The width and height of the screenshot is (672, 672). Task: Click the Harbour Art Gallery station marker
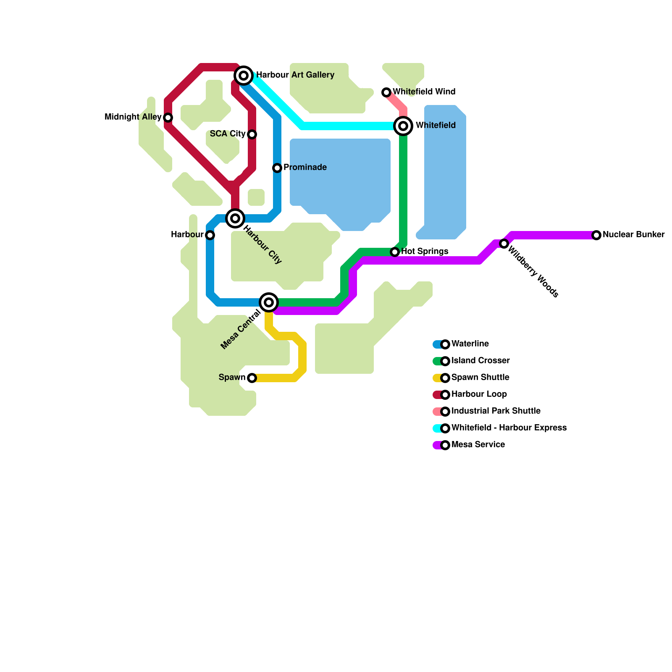(x=244, y=76)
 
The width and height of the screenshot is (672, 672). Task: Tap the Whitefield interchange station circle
(x=403, y=126)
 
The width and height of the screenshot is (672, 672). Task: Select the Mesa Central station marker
(x=269, y=302)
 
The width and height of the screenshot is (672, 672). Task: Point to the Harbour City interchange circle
(x=235, y=218)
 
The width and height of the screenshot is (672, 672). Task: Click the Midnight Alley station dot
(x=168, y=118)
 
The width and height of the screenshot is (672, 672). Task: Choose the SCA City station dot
(x=252, y=134)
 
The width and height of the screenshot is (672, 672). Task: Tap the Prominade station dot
(x=277, y=168)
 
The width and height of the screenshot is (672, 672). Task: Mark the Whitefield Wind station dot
(x=386, y=92)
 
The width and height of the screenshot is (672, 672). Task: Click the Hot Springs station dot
(x=395, y=252)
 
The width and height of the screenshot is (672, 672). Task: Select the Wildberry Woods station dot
(x=504, y=244)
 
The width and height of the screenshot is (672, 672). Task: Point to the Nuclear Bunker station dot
(x=596, y=235)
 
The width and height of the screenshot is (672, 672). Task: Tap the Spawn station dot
(x=252, y=378)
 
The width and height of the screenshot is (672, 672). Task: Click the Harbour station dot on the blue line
(x=210, y=235)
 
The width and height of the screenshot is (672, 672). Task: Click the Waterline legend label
(x=470, y=344)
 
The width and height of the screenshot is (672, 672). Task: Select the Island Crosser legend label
(x=480, y=361)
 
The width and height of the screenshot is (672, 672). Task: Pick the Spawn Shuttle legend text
(x=480, y=378)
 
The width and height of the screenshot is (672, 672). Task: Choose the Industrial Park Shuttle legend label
(x=496, y=411)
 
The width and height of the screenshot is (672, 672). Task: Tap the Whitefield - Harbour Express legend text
(x=509, y=428)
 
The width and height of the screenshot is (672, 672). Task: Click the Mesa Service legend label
(x=478, y=445)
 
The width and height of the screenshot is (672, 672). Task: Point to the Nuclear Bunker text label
(x=633, y=235)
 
